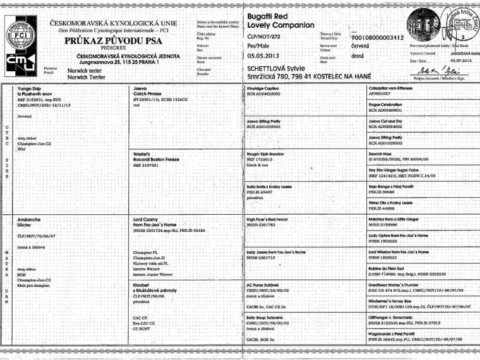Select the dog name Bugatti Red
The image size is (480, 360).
coord(268,13)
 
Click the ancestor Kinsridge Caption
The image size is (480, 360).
coord(264,89)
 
